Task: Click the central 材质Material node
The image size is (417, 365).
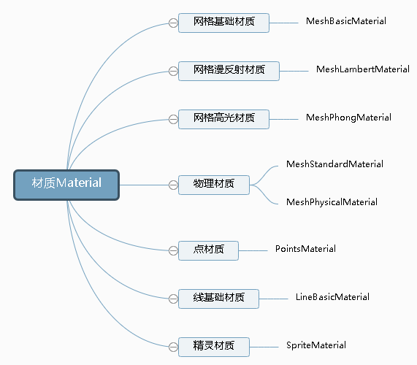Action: [66, 184]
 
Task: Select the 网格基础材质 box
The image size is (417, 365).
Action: [223, 23]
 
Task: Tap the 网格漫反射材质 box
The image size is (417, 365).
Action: [229, 71]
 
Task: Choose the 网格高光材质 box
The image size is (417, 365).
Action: [223, 119]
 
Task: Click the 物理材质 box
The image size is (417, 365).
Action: [214, 184]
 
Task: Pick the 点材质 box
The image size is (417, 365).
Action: [209, 250]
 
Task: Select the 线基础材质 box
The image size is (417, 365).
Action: [218, 299]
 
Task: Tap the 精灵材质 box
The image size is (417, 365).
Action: [214, 347]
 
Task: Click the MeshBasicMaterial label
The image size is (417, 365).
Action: [345, 21]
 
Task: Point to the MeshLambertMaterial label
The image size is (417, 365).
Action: [362, 69]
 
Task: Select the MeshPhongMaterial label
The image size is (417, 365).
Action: [348, 118]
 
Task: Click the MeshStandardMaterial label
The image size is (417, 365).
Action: [334, 164]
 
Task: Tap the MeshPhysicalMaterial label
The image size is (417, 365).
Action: [332, 202]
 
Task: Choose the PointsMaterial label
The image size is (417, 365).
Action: [305, 249]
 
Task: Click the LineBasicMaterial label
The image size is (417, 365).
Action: [332, 297]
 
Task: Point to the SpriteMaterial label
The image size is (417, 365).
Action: [316, 345]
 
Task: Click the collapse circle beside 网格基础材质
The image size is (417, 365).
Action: [173, 23]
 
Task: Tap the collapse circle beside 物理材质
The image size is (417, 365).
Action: [173, 184]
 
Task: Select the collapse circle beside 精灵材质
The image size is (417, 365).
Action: [173, 347]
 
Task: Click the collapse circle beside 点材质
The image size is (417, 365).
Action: [173, 250]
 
